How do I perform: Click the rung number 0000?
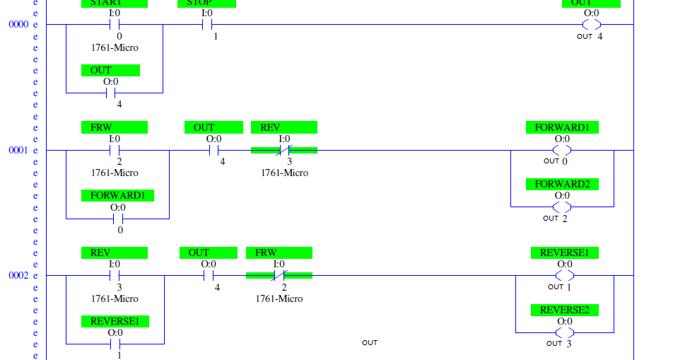coord(18,25)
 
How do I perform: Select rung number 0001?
coord(18,151)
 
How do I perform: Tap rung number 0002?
coord(18,276)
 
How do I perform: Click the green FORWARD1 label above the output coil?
coord(562,127)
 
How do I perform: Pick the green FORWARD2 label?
coord(562,184)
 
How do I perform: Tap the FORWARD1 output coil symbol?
coord(562,150)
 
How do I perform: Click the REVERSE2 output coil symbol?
coord(565,332)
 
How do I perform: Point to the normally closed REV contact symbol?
coord(284,150)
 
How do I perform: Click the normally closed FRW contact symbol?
coord(279,276)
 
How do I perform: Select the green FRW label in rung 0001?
coord(115,127)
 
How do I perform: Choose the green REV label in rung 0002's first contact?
coord(115,252)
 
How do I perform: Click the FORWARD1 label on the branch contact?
coord(118,195)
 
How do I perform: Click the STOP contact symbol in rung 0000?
coord(207,25)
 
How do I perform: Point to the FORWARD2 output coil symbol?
coord(562,207)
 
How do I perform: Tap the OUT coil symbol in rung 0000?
coord(591,25)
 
